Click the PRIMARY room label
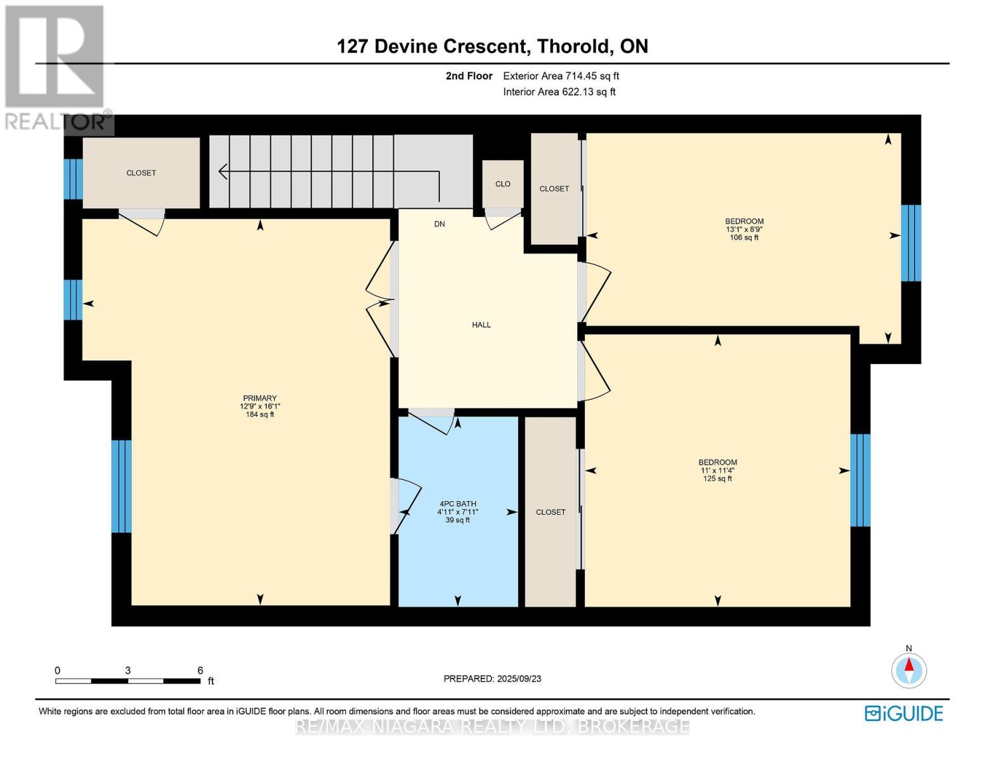pyautogui.click(x=259, y=398)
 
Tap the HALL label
pyautogui.click(x=481, y=325)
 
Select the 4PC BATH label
pyautogui.click(x=458, y=504)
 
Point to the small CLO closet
pyautogui.click(x=503, y=183)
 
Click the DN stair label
pyautogui.click(x=440, y=224)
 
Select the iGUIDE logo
pyautogui.click(x=904, y=713)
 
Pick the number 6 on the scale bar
pyautogui.click(x=200, y=670)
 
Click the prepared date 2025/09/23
pyautogui.click(x=519, y=679)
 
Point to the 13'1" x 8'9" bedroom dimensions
pyautogui.click(x=744, y=230)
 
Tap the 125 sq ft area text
pyautogui.click(x=717, y=478)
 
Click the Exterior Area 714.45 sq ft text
pyautogui.click(x=561, y=76)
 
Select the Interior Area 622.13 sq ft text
pyautogui.click(x=559, y=92)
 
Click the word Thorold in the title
pyautogui.click(x=573, y=46)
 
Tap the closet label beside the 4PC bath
pyautogui.click(x=551, y=512)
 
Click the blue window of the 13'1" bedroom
pyautogui.click(x=911, y=243)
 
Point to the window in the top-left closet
pyautogui.click(x=73, y=179)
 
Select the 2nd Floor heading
pyautogui.click(x=469, y=76)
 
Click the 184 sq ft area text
pyautogui.click(x=260, y=414)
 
